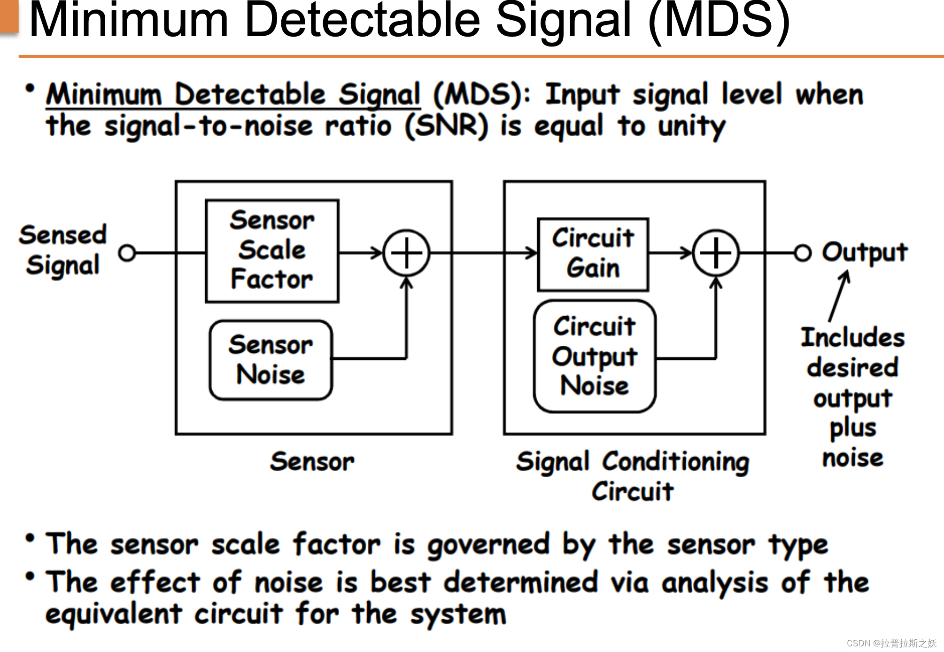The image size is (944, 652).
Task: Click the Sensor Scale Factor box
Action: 272,251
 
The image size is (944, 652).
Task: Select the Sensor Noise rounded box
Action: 271,360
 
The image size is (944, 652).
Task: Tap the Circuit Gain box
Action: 593,254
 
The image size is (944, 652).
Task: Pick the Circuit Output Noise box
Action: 595,357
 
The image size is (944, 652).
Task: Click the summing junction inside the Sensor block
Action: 406,253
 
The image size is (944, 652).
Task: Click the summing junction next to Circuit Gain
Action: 716,253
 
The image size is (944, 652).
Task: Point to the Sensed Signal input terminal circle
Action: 127,253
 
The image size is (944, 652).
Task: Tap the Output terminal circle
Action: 802,253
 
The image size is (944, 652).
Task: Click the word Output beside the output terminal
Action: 865,252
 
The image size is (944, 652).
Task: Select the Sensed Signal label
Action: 63,250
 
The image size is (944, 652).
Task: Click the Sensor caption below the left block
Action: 312,461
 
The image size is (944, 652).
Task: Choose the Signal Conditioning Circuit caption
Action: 633,475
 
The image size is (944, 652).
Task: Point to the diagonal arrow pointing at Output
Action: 838,296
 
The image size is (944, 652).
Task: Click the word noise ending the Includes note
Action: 852,458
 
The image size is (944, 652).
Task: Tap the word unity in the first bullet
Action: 691,127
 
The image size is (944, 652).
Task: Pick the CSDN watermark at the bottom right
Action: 891,643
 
